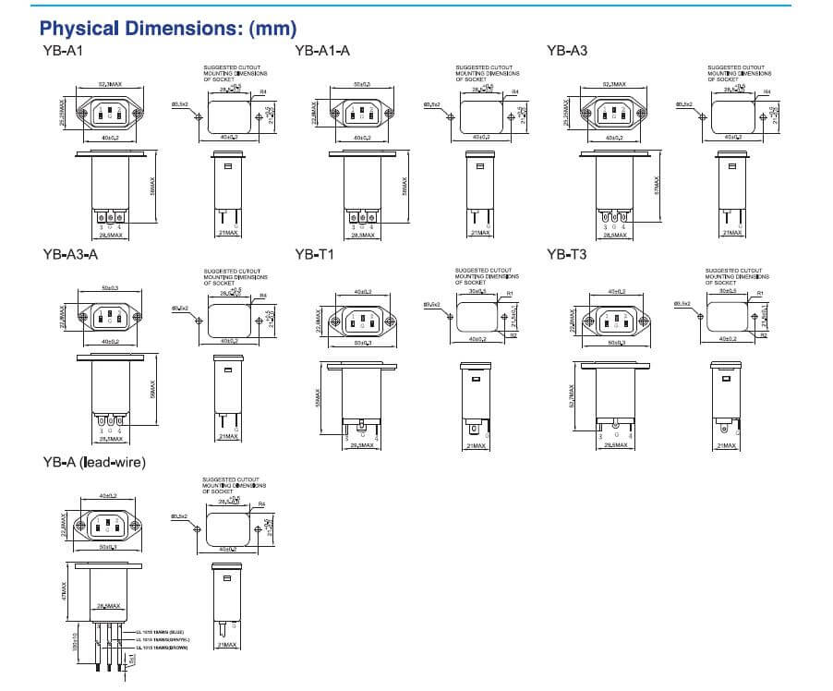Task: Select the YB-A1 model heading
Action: tap(62, 52)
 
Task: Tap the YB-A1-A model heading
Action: tap(322, 52)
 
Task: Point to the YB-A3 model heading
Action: tap(567, 52)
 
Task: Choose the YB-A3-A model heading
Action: tap(70, 256)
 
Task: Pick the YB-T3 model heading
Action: tap(566, 256)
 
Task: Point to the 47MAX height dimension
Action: tap(64, 590)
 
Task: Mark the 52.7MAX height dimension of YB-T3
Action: tap(572, 398)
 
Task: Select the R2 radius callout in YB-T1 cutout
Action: tap(513, 335)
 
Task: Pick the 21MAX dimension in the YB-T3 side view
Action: tap(727, 445)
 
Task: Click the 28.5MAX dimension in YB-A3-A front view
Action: tap(111, 439)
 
